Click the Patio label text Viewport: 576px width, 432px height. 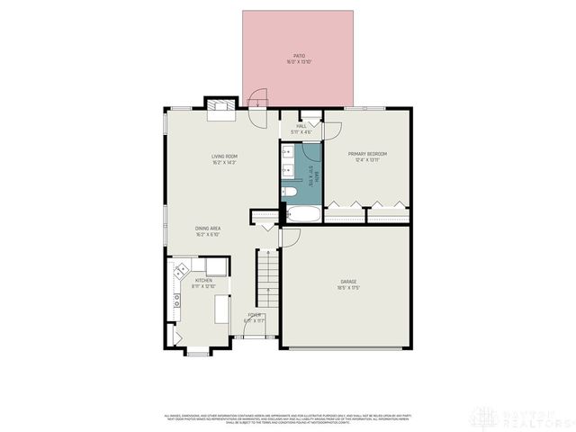300,56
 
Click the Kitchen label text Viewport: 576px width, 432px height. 203,281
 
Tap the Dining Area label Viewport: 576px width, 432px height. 208,229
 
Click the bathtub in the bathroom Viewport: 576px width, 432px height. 298,215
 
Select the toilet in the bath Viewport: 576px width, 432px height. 292,193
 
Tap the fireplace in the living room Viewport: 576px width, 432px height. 220,110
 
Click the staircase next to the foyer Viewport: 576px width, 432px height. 266,279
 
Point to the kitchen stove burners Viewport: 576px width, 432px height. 182,267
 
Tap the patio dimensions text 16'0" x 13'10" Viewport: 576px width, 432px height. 300,62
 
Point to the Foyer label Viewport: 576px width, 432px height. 255,315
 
